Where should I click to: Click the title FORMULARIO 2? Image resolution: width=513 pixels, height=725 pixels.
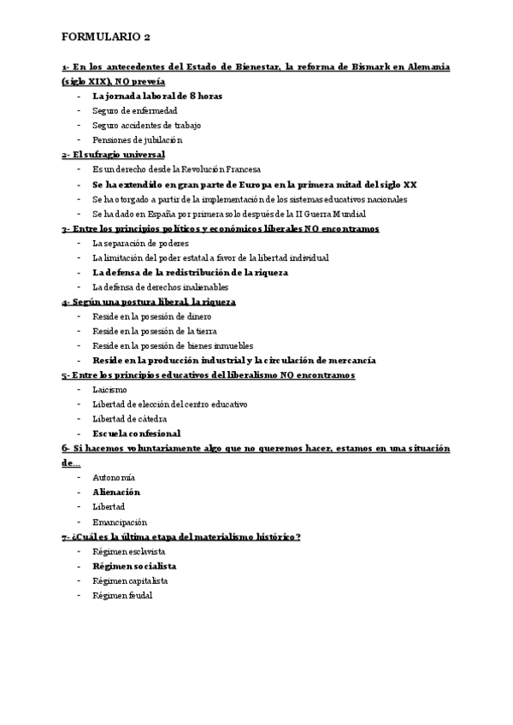pyautogui.click(x=106, y=38)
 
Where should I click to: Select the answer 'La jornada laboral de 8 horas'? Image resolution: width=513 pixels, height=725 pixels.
pyautogui.click(x=157, y=96)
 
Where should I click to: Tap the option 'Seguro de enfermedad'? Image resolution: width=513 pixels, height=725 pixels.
pyautogui.click(x=134, y=110)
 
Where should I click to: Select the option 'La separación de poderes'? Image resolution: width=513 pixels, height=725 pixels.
pyautogui.click(x=140, y=243)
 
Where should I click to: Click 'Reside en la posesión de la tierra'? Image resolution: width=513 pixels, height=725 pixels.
pyautogui.click(x=155, y=331)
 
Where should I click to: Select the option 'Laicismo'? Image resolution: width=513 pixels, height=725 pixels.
pyautogui.click(x=109, y=390)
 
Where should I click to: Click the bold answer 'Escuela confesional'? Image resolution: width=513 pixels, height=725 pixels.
pyautogui.click(x=136, y=433)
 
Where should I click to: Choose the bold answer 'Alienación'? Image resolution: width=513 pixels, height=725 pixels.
pyautogui.click(x=116, y=492)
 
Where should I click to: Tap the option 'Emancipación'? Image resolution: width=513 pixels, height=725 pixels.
pyautogui.click(x=120, y=522)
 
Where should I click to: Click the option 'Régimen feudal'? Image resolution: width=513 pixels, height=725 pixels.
pyautogui.click(x=122, y=595)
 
